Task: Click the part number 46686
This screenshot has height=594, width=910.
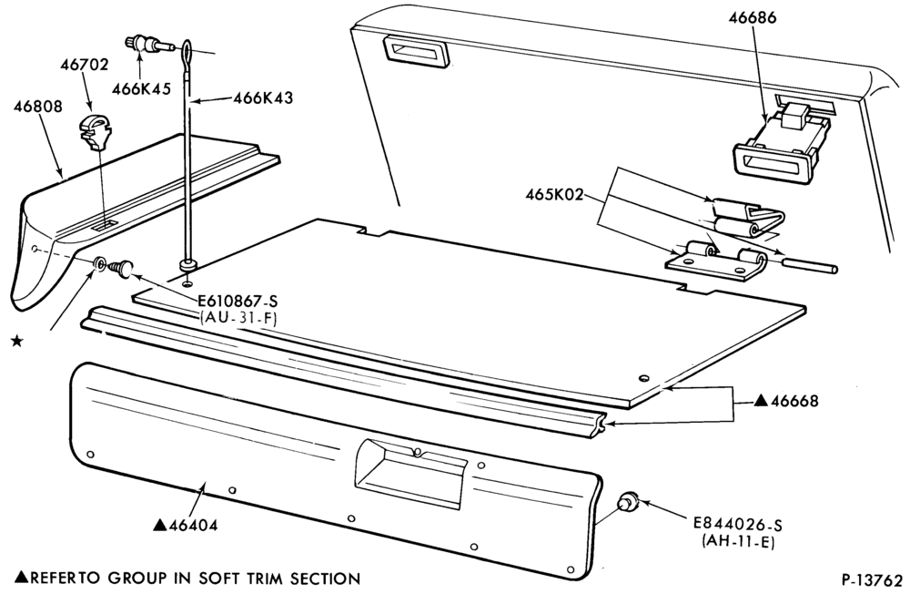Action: click(753, 18)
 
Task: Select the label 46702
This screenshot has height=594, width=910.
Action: click(84, 65)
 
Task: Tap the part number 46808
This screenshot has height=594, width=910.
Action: click(39, 107)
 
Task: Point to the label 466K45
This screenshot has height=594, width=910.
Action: click(142, 89)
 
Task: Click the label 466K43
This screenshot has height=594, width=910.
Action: click(264, 97)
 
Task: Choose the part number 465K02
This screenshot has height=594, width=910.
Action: click(554, 194)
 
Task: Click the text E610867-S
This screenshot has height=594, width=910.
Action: click(238, 302)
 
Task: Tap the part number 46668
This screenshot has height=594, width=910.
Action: click(794, 401)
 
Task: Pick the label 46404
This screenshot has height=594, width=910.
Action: click(193, 526)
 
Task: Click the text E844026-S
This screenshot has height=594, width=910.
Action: click(738, 525)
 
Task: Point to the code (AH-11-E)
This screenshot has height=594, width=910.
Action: click(738, 542)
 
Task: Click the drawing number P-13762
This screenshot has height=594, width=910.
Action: click(873, 581)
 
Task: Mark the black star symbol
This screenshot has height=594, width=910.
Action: click(17, 341)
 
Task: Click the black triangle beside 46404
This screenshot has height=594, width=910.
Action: click(159, 525)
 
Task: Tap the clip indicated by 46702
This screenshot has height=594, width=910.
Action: click(96, 131)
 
